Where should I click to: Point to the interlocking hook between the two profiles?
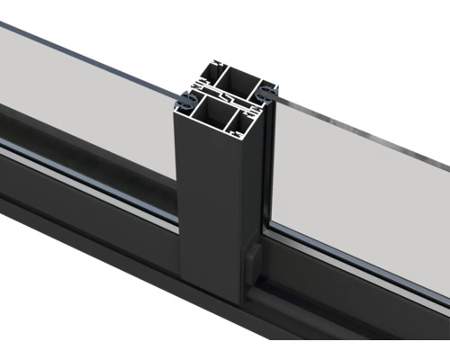coord(224,96)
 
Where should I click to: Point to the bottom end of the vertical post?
coord(216,301)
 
